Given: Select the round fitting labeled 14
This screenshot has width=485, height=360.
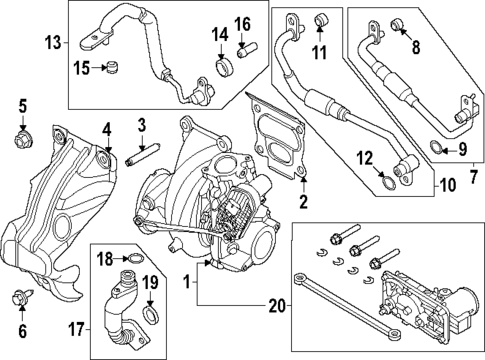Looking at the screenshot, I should point(225,67).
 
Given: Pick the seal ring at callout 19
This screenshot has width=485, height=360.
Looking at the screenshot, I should point(149,318).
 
